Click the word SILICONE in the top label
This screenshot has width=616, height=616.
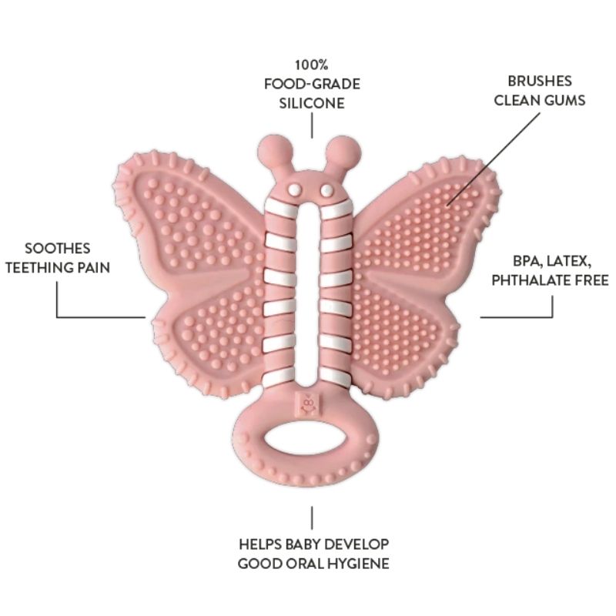312,103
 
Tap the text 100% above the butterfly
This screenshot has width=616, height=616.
312,65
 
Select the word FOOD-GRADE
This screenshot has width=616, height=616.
312,84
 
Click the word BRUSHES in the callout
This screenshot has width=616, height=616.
540,81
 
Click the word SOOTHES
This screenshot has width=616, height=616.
57,248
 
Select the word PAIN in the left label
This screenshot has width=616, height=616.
94,267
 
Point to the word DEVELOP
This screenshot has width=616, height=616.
356,544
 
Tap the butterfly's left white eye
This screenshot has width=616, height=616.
294,190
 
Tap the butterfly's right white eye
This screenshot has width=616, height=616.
326,191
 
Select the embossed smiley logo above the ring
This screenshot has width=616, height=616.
309,404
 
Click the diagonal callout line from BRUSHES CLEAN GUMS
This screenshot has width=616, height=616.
494,159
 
